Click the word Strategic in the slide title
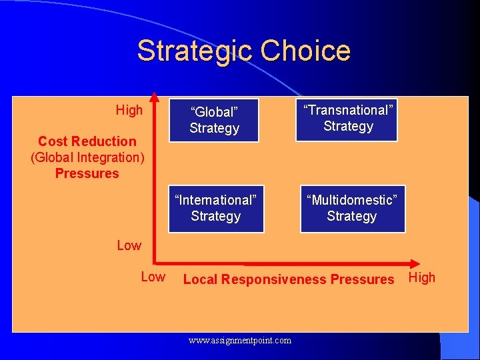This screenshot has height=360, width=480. pos(195,51)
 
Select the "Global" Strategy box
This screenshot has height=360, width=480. pos(214,119)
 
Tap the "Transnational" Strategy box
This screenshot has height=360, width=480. pos(347,119)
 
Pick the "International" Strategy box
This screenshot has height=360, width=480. pos(215,208)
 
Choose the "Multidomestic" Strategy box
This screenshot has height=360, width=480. pos(352,208)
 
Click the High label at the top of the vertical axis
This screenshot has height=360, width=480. pos(129,110)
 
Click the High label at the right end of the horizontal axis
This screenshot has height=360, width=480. pos(421,277)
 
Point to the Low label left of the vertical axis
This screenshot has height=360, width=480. pos(129,245)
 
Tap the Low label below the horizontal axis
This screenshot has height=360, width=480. pos(153,277)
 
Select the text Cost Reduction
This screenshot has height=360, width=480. pos(87,141)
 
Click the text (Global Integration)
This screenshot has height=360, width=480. pos(87,157)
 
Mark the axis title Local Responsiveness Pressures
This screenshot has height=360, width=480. pos(289,279)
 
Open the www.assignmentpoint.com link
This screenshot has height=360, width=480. pos(239,341)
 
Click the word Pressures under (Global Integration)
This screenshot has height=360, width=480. pos(87,173)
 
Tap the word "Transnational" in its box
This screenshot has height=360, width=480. pos(347,111)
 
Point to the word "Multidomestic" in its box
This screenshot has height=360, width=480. pos(352,200)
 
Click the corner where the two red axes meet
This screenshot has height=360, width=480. pos(154,263)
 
